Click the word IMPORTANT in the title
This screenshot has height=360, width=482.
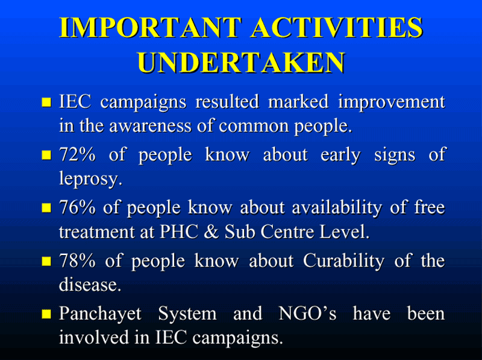click(x=150, y=28)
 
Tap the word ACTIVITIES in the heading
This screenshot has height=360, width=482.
click(x=337, y=28)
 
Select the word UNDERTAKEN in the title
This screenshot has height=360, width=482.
click(x=242, y=63)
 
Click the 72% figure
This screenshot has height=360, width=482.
click(x=77, y=154)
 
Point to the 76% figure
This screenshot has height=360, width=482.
click(x=77, y=207)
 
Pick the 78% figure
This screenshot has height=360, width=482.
click(x=77, y=261)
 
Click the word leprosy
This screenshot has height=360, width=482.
click(x=91, y=179)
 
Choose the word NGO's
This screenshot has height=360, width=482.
click(x=307, y=314)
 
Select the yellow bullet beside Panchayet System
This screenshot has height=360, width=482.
click(x=46, y=314)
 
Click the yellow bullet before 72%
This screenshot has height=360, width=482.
click(x=46, y=155)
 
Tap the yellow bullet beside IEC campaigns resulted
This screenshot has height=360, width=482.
click(x=46, y=102)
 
